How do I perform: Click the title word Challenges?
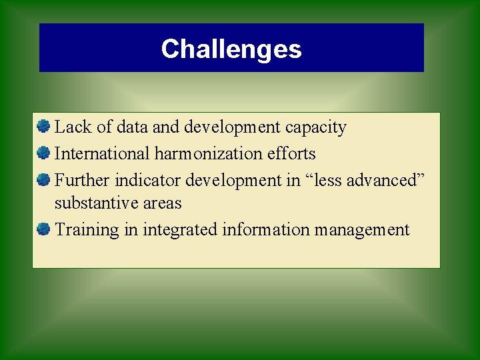tap(231, 49)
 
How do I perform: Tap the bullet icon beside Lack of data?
tap(44, 126)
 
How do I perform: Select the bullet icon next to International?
tap(44, 153)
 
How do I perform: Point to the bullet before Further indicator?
tap(44, 179)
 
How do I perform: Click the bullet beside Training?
tap(44, 229)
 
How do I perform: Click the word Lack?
tap(69, 127)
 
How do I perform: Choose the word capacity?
tap(316, 127)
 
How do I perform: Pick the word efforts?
tap(291, 153)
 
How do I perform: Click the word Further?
tap(82, 180)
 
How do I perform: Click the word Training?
tap(82, 230)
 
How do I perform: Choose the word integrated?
tap(175, 230)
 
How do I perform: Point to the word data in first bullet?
tap(128, 127)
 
